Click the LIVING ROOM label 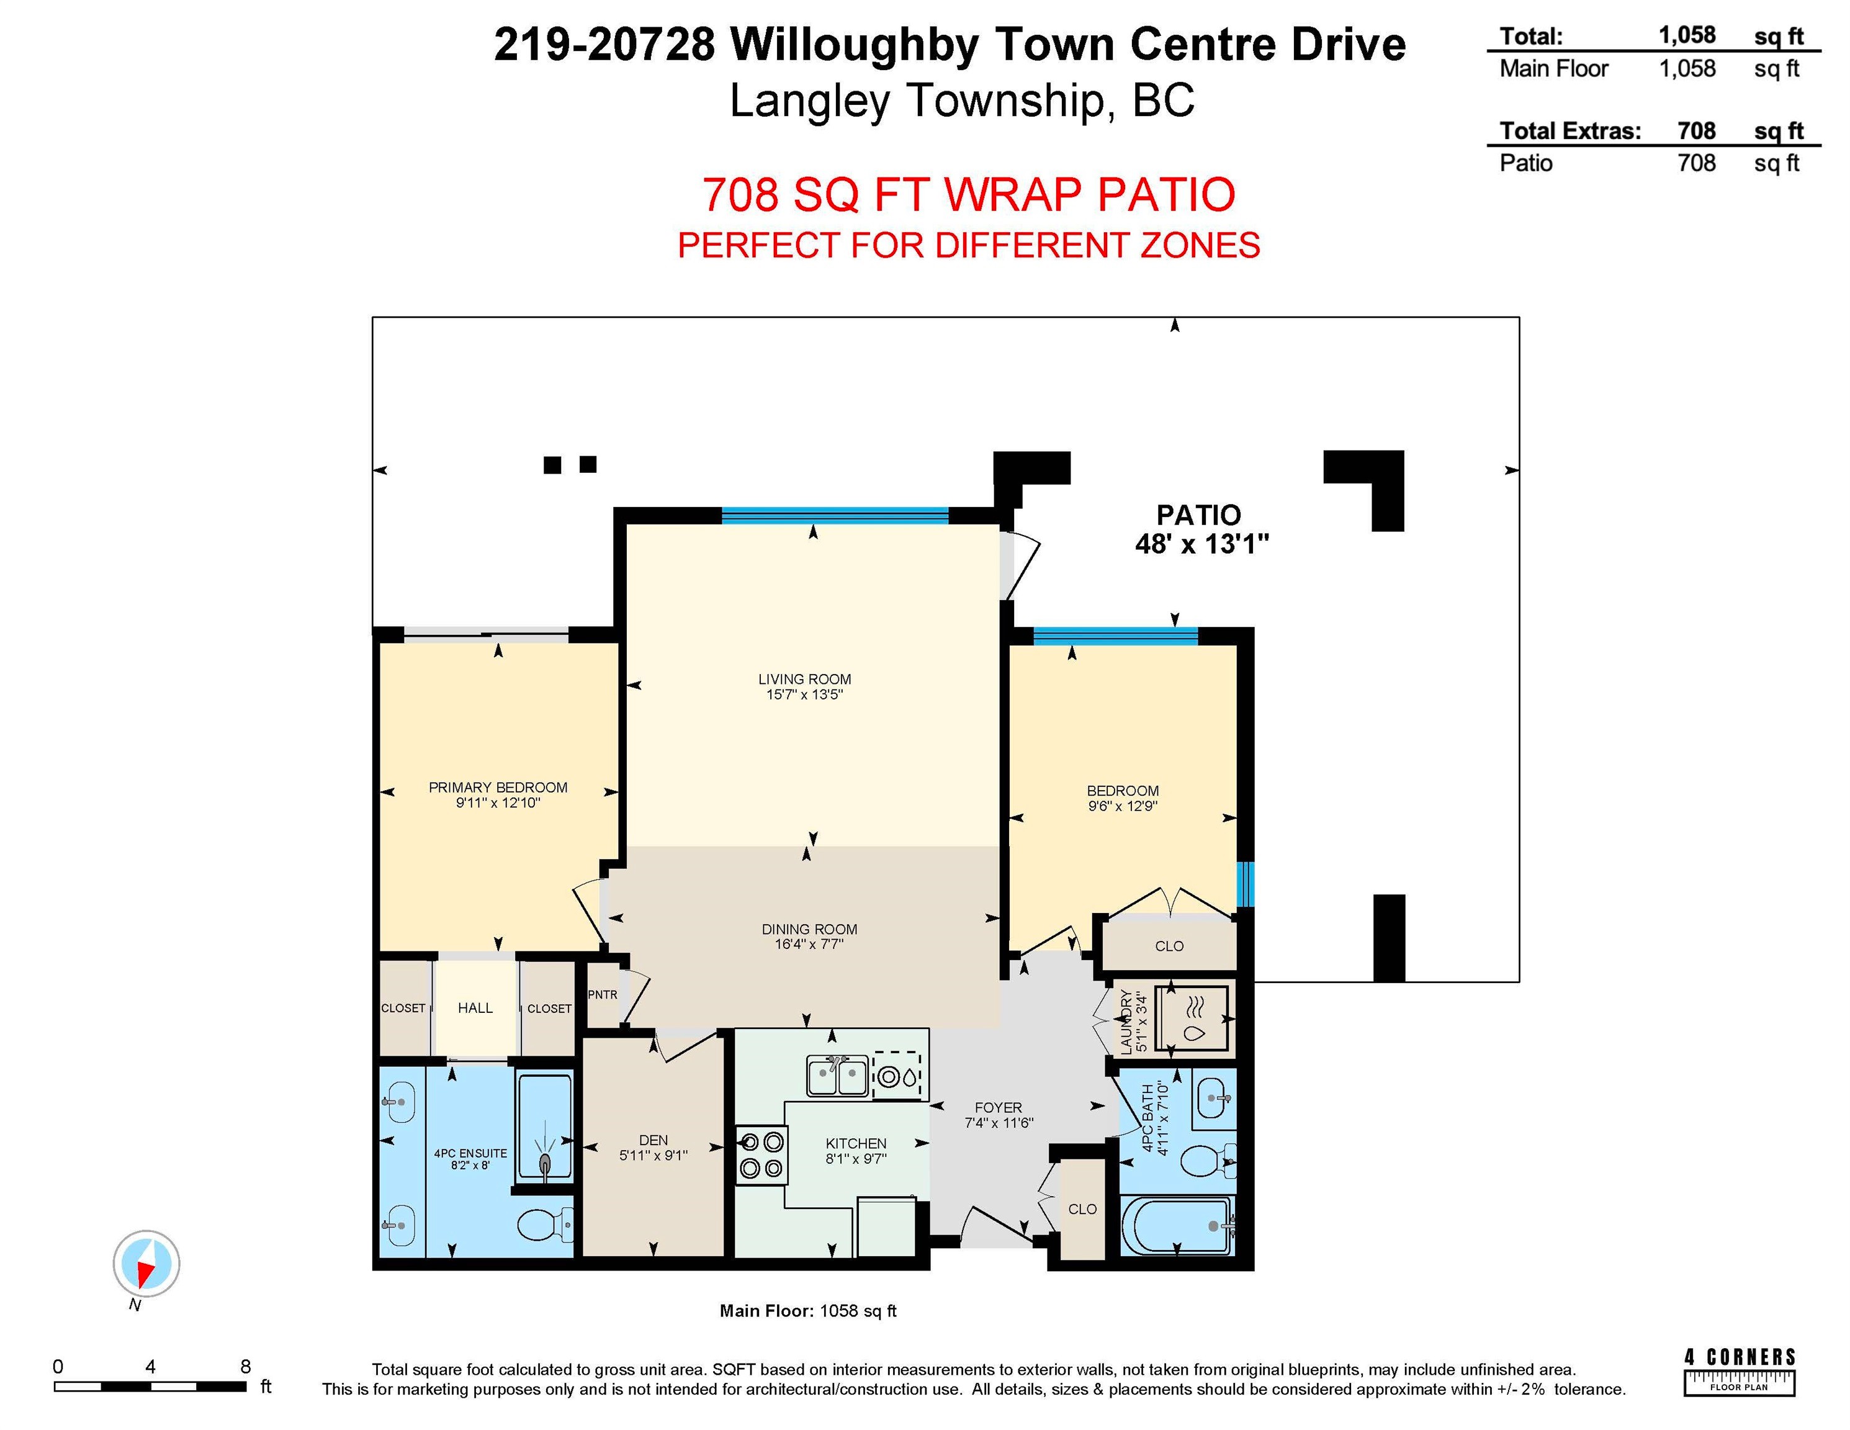(804, 678)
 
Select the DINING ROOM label (809, 929)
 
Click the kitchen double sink (837, 1076)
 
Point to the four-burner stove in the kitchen (761, 1154)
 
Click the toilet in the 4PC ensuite (542, 1224)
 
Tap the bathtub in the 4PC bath (1177, 1225)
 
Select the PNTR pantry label (602, 994)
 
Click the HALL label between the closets (475, 1007)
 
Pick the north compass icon (146, 1263)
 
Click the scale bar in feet (150, 1386)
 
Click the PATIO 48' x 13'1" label (1200, 529)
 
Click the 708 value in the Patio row (1696, 163)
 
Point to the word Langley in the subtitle (810, 101)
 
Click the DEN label (653, 1140)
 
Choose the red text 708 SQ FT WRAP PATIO (968, 194)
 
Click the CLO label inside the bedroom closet (1169, 945)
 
